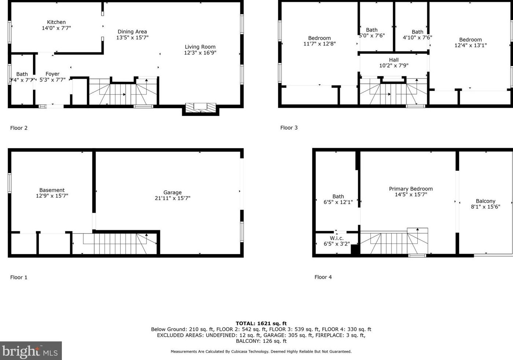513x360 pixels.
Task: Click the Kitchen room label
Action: [56, 22]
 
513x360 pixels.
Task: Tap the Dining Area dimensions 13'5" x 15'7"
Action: [132, 37]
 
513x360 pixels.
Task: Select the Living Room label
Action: [200, 47]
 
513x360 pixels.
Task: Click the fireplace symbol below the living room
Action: [200, 107]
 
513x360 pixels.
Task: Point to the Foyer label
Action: [52, 74]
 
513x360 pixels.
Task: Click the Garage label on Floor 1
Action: [172, 192]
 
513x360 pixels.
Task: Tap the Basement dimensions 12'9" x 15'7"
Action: [52, 196]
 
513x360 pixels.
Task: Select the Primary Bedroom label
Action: [410, 189]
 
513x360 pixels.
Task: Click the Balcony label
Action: [485, 201]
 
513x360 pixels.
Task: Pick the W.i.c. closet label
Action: [336, 238]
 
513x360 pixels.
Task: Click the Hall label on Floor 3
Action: [394, 60]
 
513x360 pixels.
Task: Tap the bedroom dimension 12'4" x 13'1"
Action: [470, 45]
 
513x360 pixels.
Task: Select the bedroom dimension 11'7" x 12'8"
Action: [319, 44]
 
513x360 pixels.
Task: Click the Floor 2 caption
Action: [19, 128]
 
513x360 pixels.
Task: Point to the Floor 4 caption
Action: [323, 277]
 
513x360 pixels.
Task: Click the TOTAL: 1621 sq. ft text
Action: [261, 323]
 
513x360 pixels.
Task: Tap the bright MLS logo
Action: [31, 351]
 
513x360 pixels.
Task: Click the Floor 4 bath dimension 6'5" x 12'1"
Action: [338, 202]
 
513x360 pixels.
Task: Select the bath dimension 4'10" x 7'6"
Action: [417, 37]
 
